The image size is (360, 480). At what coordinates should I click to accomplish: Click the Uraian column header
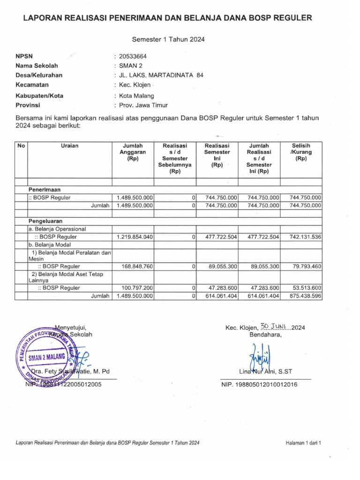click(69, 146)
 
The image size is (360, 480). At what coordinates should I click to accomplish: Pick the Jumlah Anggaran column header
click(133, 152)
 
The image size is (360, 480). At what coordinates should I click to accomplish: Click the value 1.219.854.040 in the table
click(135, 237)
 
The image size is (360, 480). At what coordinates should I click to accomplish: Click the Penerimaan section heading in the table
click(45, 189)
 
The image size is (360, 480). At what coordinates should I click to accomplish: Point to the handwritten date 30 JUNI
click(275, 327)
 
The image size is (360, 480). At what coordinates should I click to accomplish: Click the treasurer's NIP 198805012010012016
click(259, 384)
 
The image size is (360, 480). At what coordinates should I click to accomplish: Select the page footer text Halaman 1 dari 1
click(302, 442)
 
